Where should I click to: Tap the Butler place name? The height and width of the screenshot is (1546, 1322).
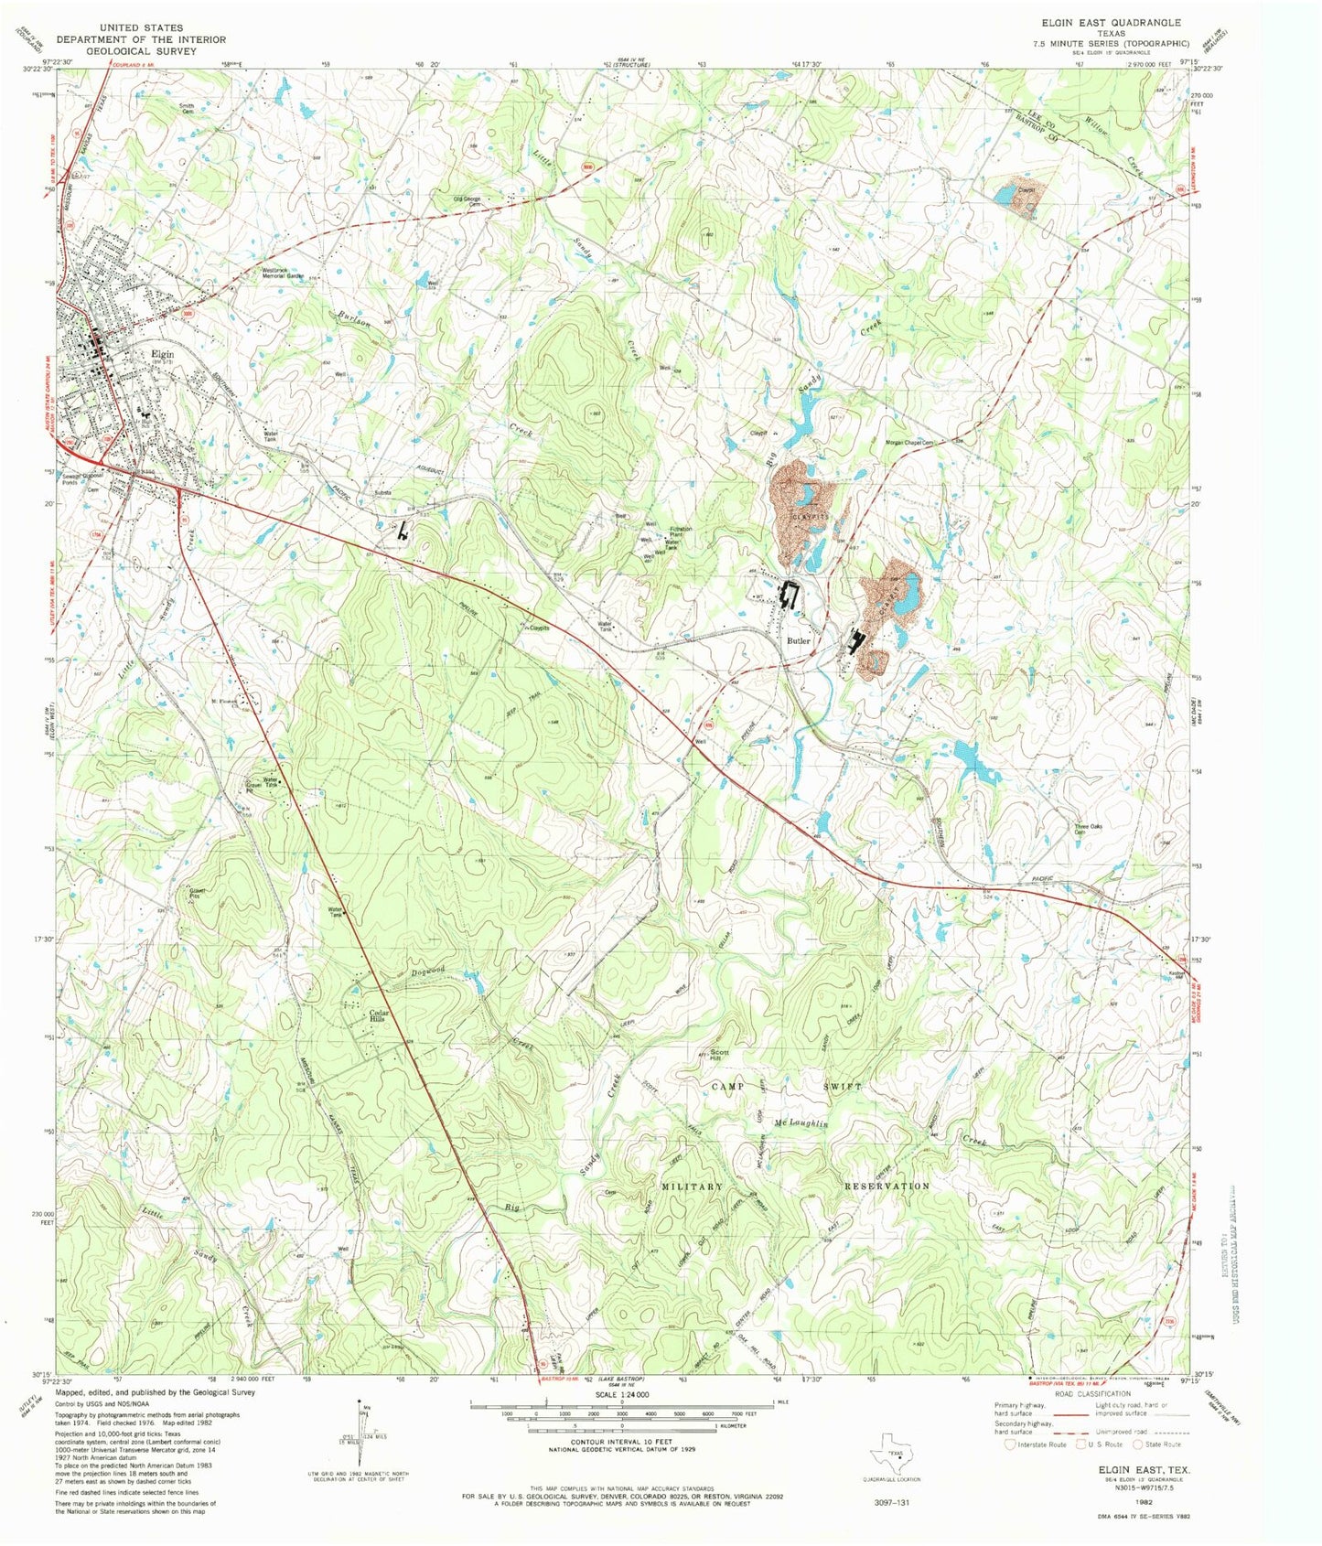(799, 640)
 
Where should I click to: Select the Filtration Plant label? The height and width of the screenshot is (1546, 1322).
(681, 531)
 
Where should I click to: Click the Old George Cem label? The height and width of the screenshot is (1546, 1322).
(467, 201)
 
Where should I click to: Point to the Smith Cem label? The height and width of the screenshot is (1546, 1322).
(187, 108)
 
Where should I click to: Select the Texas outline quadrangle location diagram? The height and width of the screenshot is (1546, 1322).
(892, 1450)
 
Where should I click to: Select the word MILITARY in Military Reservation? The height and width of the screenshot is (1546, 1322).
(692, 1186)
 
